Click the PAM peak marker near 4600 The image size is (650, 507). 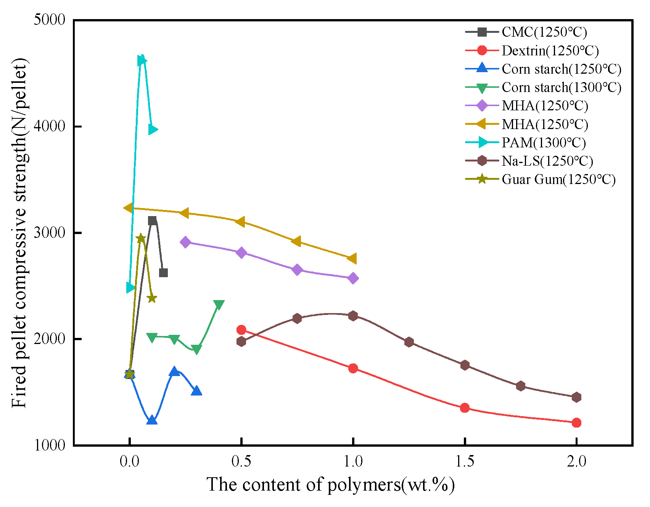coord(142,61)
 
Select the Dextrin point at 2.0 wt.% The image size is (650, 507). coord(576,423)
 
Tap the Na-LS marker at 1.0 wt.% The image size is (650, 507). coord(353,316)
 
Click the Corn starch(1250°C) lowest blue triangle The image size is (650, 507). coord(152,420)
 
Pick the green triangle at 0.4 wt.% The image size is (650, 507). coord(219,304)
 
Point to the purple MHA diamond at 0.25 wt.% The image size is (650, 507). coord(186,242)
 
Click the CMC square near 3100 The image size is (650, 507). coord(152,221)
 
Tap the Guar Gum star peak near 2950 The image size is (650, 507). coord(141,238)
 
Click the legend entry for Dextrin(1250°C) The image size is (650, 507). coord(550,50)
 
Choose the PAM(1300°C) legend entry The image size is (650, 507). coord(543,142)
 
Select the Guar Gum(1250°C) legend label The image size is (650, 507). coord(558,179)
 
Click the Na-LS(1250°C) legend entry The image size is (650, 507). coord(547,161)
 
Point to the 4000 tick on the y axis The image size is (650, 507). coord(50,126)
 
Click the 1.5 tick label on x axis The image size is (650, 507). coord(465,462)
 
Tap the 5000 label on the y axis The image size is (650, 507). coord(50,19)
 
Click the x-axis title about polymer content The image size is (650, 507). coord(330,484)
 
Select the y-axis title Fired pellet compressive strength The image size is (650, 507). coord(19,233)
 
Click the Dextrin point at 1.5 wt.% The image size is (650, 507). coord(465,408)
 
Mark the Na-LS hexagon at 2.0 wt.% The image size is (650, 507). coord(576,397)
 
